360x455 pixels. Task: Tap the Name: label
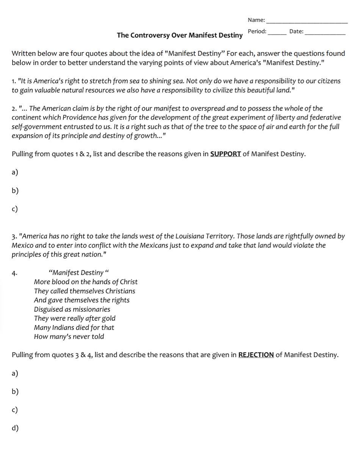[x=256, y=20]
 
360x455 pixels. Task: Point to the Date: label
[x=296, y=31]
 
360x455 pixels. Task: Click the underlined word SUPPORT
[x=225, y=154]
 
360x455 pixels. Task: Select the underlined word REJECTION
[x=256, y=355]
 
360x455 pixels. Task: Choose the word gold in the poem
[x=108, y=318]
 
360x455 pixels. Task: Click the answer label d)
[x=15, y=428]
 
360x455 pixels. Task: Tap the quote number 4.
[x=14, y=273]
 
